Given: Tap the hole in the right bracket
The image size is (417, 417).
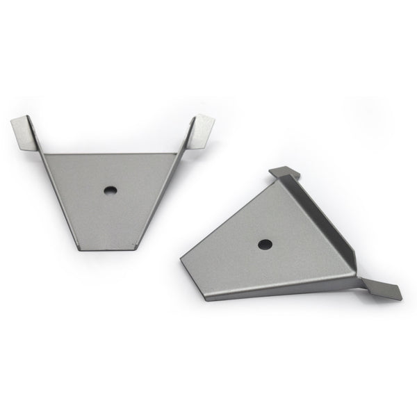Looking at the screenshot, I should click(264, 244).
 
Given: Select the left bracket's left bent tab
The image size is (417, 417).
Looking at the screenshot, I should click(25, 131).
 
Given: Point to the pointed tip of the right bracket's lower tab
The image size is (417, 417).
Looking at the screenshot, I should click(402, 298).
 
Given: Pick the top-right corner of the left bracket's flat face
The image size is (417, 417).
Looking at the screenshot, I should click(174, 154).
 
